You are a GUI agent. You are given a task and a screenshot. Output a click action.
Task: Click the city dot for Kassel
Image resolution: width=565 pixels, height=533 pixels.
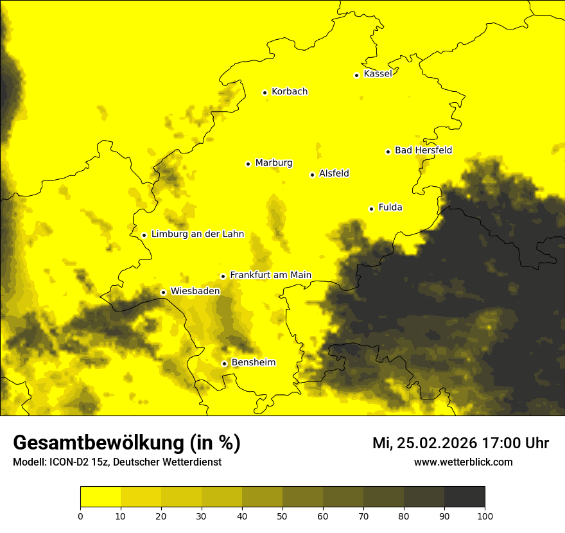coord(356,75)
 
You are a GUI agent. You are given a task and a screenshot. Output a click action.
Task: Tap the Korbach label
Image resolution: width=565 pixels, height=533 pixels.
coord(290,91)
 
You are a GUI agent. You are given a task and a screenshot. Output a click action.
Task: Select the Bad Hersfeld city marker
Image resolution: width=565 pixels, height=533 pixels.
coord(388,152)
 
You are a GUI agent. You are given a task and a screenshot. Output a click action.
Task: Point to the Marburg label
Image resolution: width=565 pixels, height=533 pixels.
coord(274,162)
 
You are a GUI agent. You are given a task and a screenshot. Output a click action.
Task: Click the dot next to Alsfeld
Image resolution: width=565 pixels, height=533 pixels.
coord(312,175)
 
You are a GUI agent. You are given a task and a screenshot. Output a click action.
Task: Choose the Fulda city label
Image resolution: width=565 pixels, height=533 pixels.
coord(390,207)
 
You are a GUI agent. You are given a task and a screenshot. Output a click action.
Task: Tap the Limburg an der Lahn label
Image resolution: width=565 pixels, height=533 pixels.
coord(198,234)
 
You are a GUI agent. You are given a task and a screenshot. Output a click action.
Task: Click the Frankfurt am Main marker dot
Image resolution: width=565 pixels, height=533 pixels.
coord(223,276)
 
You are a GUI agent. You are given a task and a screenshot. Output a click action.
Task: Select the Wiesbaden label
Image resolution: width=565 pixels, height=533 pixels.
coord(195,291)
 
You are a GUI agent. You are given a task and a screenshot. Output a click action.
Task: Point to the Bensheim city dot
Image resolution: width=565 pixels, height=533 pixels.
coord(224,363)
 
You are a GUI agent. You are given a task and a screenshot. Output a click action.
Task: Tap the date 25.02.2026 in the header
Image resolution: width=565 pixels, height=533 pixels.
coord(437,443)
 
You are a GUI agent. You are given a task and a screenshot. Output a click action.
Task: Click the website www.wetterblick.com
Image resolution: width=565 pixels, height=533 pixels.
coord(463,462)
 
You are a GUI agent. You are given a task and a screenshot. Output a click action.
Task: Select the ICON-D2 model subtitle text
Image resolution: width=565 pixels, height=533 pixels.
coord(117,462)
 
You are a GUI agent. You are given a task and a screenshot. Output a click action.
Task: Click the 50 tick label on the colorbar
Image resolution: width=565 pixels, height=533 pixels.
coord(282,516)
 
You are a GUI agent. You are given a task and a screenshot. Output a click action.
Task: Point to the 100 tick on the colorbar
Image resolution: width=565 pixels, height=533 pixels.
coord(485,516)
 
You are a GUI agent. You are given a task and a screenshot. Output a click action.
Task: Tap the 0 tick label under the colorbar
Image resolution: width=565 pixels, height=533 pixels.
coord(80,516)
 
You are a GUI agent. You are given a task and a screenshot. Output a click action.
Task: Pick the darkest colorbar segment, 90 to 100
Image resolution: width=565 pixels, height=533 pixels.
coord(464,496)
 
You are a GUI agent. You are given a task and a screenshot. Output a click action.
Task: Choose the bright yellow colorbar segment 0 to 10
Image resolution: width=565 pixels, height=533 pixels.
coord(100,496)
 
